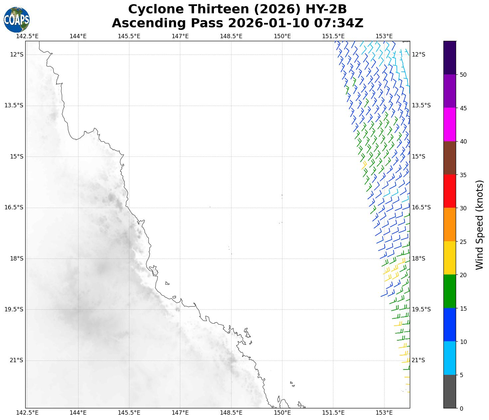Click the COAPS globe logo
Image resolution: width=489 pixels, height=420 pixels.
[x=17, y=20]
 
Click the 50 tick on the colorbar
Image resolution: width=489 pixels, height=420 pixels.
[x=463, y=74]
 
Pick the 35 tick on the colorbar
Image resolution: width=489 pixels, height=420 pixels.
[x=463, y=175]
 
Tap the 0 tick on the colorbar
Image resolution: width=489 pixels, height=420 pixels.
[x=461, y=408]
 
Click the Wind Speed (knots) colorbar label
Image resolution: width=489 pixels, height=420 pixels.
[x=479, y=225]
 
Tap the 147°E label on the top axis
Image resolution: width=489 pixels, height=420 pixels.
[x=180, y=36]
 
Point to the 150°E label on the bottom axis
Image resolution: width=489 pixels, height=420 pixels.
[x=282, y=413]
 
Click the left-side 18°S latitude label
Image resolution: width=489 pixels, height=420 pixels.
[x=17, y=259]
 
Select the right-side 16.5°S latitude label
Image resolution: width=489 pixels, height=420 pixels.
[x=421, y=207]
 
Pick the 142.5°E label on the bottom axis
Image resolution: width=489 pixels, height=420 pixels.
[x=27, y=413]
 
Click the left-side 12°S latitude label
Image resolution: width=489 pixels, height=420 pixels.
[x=17, y=54]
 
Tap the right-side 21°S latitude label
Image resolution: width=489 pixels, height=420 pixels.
[x=418, y=360]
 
